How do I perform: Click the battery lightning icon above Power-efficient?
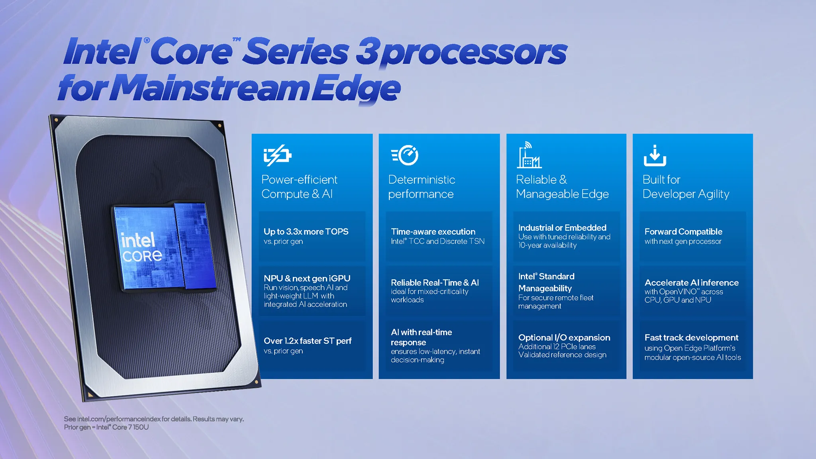[x=277, y=155]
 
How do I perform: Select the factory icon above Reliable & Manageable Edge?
[x=529, y=156]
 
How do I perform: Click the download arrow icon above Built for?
[x=655, y=156]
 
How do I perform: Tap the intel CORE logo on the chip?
[x=141, y=247]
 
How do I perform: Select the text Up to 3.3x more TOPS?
[x=306, y=231]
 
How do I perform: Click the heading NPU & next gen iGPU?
[x=307, y=279]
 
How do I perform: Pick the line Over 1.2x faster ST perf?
[x=307, y=341]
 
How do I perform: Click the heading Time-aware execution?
[x=433, y=231]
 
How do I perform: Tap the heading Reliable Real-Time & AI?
[x=435, y=282]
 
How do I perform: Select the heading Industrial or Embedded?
[x=562, y=228]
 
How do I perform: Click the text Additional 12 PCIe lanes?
[x=557, y=347]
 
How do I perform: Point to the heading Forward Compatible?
[x=683, y=231]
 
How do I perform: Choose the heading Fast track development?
[x=691, y=337]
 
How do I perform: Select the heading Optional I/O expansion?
[x=564, y=337]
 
